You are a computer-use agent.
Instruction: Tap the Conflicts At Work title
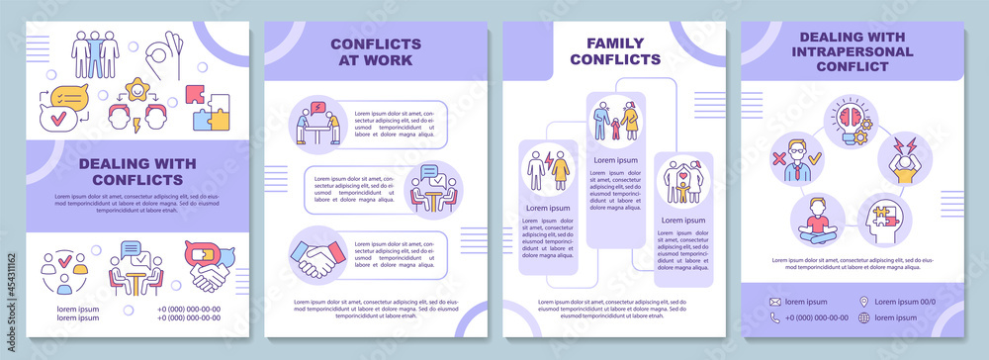click(376, 51)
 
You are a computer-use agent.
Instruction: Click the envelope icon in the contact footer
click(776, 302)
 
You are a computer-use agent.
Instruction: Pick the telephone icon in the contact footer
click(776, 317)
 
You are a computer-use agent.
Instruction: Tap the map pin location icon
click(864, 302)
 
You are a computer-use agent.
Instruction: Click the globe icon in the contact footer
click(864, 317)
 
